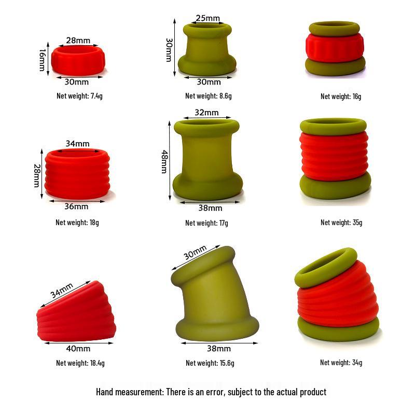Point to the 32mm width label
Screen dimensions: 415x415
coord(206,113)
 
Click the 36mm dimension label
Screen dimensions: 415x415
coord(76,206)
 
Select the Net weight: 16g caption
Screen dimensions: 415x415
coord(341,96)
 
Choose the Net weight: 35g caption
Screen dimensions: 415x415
coord(341,223)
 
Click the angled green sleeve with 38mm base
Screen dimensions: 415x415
coord(213,301)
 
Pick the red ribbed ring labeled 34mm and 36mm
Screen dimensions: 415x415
coord(76,174)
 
